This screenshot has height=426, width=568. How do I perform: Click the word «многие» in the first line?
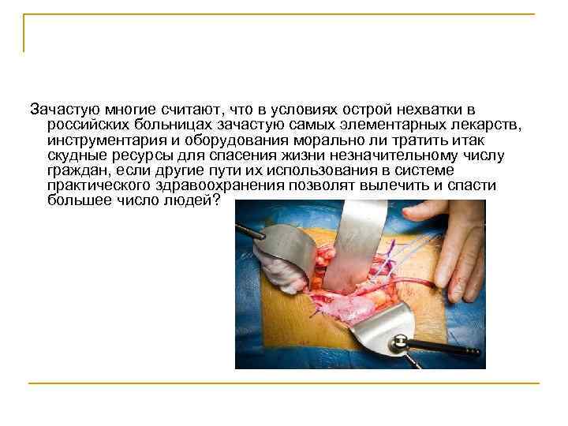tap(110, 109)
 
